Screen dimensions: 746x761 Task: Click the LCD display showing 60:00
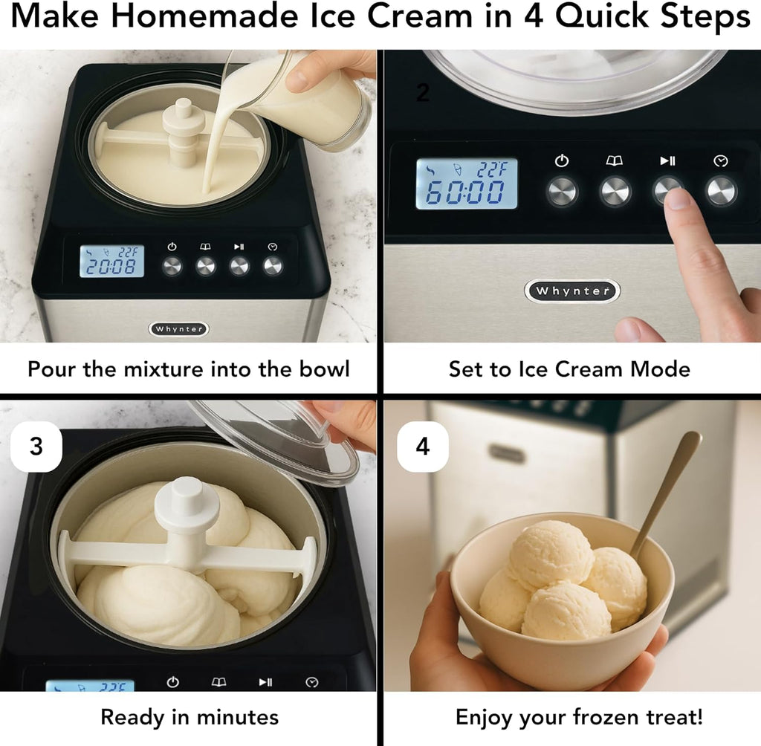click(x=466, y=184)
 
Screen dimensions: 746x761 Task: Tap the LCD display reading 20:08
click(x=111, y=262)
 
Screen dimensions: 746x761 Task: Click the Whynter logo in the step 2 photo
click(x=572, y=291)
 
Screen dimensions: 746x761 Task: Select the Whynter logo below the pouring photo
click(x=178, y=328)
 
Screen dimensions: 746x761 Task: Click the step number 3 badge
click(x=36, y=447)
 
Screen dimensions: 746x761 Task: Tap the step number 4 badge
click(x=422, y=447)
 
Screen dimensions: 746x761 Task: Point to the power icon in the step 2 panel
click(x=562, y=160)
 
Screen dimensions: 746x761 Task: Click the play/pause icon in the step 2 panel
click(x=667, y=160)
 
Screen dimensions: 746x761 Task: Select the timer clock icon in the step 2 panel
click(x=720, y=160)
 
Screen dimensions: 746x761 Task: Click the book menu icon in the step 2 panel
click(x=615, y=160)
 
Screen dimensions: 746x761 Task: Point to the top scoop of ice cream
click(x=550, y=554)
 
